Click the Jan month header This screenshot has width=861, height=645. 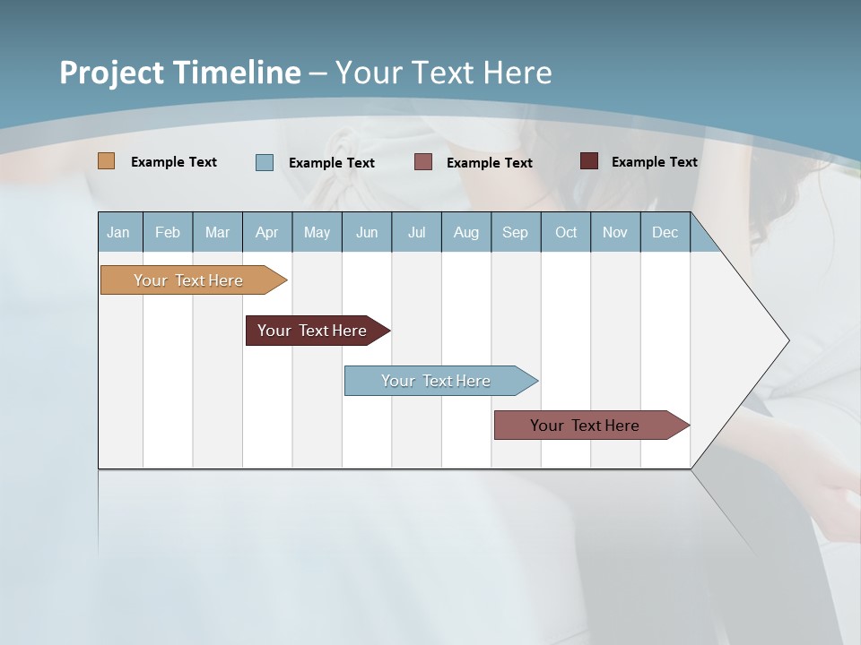pos(118,232)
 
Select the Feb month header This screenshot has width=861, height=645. pos(168,232)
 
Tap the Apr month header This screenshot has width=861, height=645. pos(266,232)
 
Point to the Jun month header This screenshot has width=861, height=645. pos(367,232)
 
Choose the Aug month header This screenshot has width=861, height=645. pos(465,232)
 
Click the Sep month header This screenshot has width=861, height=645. pos(515,232)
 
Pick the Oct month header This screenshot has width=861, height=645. pos(566,232)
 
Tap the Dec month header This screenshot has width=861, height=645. pos(665,232)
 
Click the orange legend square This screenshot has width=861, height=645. pos(107,161)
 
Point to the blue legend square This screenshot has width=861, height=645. pos(265,162)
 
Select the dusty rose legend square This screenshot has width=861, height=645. pos(423,162)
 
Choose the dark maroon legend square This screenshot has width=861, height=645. pos(588,161)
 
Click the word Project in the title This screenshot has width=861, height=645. pos(112,73)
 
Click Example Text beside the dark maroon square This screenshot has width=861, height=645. pos(654,162)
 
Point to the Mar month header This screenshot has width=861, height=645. pos(217,232)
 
